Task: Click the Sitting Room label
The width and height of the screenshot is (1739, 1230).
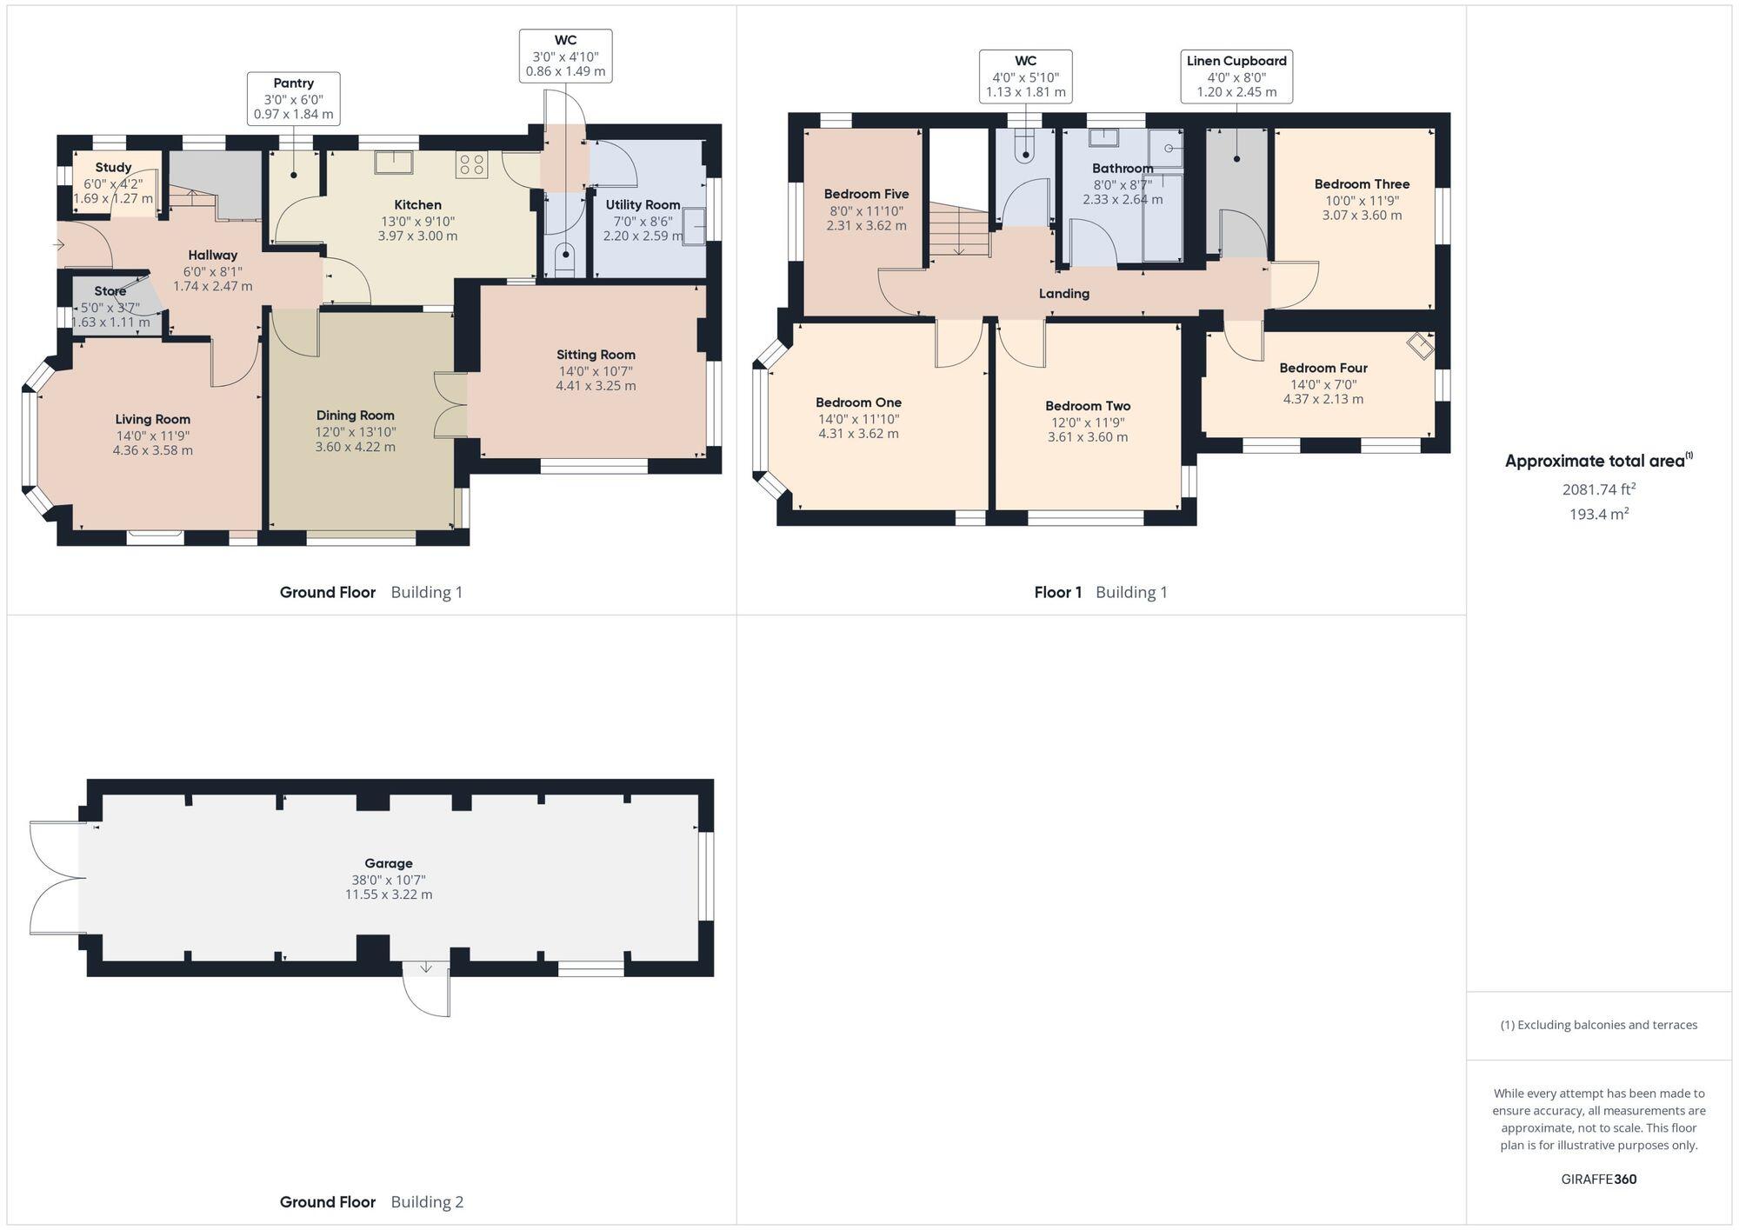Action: [x=596, y=355]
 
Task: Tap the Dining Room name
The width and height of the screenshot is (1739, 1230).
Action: [x=355, y=416]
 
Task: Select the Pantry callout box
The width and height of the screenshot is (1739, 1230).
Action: [x=294, y=98]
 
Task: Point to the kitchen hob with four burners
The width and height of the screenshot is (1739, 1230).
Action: [x=472, y=164]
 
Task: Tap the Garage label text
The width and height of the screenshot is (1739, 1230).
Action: [x=388, y=863]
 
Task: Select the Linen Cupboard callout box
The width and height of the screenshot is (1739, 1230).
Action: [x=1236, y=76]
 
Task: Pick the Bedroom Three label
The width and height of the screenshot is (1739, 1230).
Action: [x=1362, y=184]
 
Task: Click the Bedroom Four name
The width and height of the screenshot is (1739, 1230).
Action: [x=1323, y=369]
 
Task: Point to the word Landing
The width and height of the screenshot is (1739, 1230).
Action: [x=1063, y=294]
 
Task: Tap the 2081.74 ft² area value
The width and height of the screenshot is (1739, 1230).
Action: [x=1598, y=489]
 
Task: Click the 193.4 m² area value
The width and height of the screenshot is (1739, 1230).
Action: [x=1598, y=514]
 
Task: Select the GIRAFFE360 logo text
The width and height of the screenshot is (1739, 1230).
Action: [x=1598, y=1180]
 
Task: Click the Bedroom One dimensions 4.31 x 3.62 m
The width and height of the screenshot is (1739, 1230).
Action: [x=858, y=434]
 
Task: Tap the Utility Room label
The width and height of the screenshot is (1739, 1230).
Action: [x=643, y=205]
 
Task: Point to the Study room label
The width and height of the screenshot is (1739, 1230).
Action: [x=113, y=168]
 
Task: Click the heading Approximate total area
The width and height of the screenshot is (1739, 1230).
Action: [x=1597, y=462]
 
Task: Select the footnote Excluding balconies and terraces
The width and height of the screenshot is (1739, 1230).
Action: [x=1598, y=1025]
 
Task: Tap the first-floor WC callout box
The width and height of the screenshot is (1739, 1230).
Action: [x=1025, y=76]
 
